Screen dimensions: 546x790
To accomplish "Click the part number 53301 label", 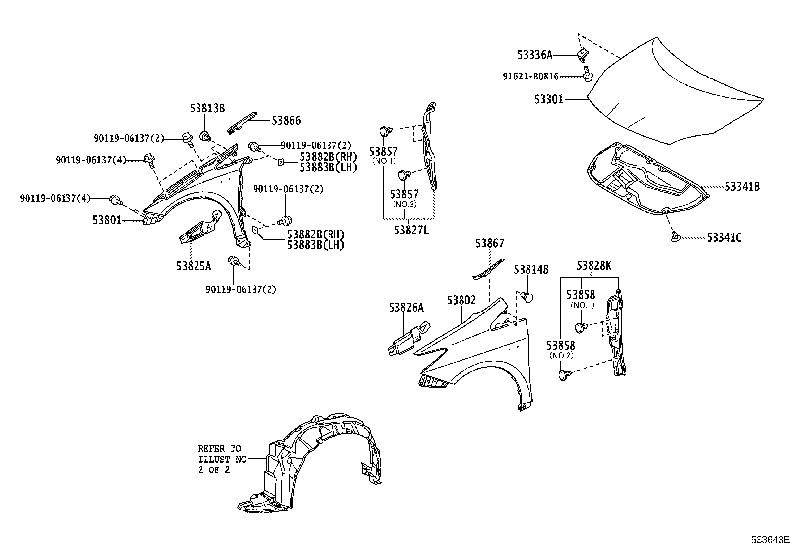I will point(549,99).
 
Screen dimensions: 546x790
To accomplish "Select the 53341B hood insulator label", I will point(742,187).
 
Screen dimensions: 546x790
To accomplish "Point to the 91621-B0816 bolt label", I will point(530,77).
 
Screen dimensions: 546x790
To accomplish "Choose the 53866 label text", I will point(286,120).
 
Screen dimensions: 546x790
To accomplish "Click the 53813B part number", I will point(207,108).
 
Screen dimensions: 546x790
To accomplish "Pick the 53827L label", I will point(411,230).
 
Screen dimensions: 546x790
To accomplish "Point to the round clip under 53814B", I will point(528,297).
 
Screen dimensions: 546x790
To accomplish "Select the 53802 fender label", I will point(461,300).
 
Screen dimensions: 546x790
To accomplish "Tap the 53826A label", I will point(406,308).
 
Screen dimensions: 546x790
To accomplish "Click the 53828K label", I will point(594,266).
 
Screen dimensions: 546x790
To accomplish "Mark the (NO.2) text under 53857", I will point(404,204).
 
